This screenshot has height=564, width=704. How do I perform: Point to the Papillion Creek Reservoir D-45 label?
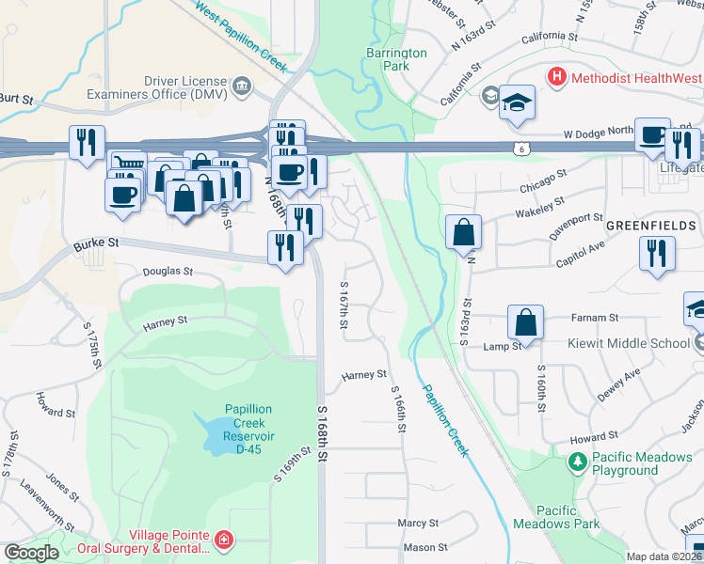(248, 429)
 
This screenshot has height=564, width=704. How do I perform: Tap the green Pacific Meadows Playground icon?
(577, 462)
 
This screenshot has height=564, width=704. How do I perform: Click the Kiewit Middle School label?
(628, 343)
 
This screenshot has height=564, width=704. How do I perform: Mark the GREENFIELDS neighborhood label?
(651, 227)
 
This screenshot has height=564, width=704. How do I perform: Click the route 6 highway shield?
(520, 148)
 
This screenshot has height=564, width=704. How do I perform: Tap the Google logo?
(31, 553)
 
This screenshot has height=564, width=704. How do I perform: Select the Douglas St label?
(168, 271)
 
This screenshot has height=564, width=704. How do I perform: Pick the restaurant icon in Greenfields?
(657, 254)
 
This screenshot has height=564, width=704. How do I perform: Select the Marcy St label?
(418, 523)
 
